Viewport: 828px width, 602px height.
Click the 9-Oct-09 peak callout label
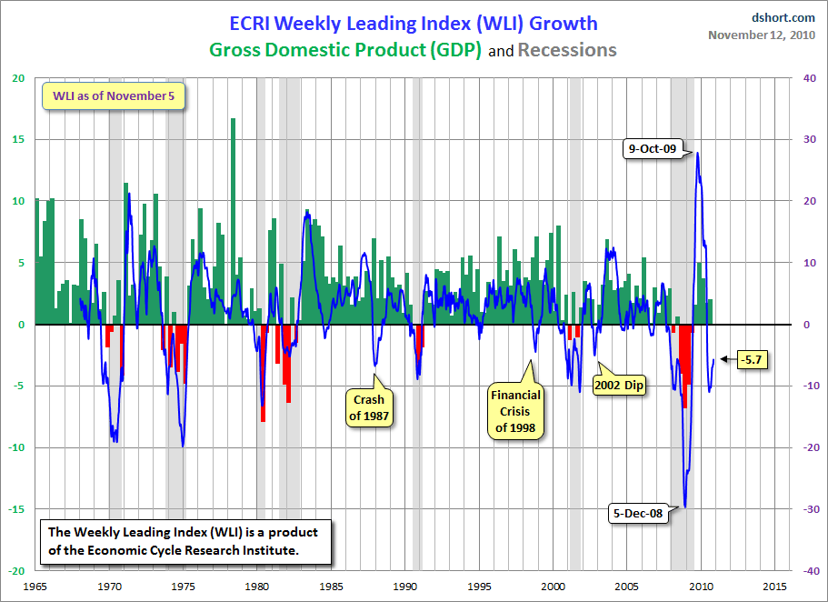tap(653, 148)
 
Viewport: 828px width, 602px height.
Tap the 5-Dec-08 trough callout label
tap(636, 513)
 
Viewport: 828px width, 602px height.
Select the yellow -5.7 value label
tap(751, 359)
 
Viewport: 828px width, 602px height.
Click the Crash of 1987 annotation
tap(369, 407)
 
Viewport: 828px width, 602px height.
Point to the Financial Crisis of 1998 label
tap(515, 411)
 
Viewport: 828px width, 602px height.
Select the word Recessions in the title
tap(567, 50)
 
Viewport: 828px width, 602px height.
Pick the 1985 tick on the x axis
tap(332, 586)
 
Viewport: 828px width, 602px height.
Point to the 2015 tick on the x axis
tap(775, 586)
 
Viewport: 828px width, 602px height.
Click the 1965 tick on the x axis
tap(36, 586)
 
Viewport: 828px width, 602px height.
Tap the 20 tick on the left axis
tap(17, 78)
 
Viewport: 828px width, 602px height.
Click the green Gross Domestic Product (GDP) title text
tap(346, 50)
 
